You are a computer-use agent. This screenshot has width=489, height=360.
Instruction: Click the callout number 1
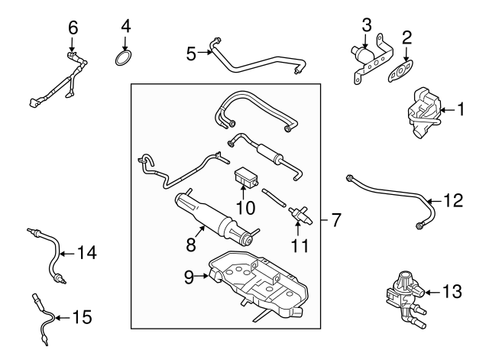(461, 110)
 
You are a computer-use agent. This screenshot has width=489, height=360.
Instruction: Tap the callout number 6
(73, 28)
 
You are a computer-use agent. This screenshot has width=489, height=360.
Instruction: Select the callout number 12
(453, 201)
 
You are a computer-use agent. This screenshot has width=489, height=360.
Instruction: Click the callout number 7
(336, 220)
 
